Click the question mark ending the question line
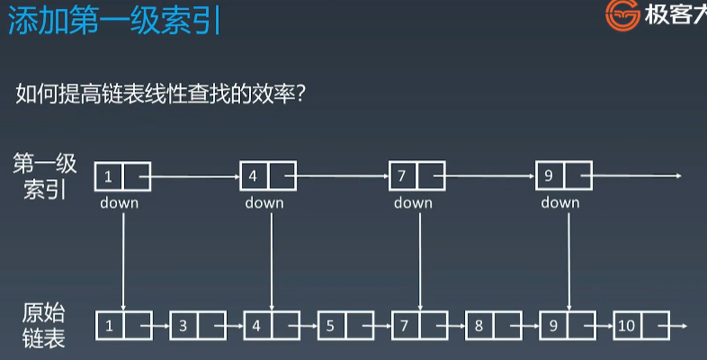pos(303,93)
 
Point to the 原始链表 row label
pos(44,324)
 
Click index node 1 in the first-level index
pos(109,175)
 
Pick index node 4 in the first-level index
pos(255,175)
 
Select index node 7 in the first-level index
pos(403,175)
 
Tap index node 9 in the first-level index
pos(550,175)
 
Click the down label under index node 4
pos(264,202)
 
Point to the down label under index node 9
pos(560,202)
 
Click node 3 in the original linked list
pos(183,326)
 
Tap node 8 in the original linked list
pos(479,326)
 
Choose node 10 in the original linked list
pos(627,326)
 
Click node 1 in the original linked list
pos(109,326)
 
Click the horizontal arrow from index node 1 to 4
pos(194,176)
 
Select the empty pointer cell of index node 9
pos(577,175)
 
